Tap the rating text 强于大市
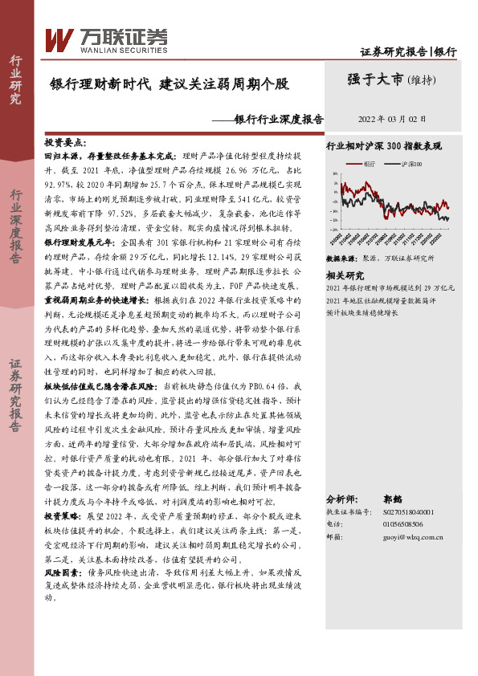pos(375,79)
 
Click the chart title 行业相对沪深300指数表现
pos(384,147)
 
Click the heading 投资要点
pos(64,141)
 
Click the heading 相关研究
pos(343,275)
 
